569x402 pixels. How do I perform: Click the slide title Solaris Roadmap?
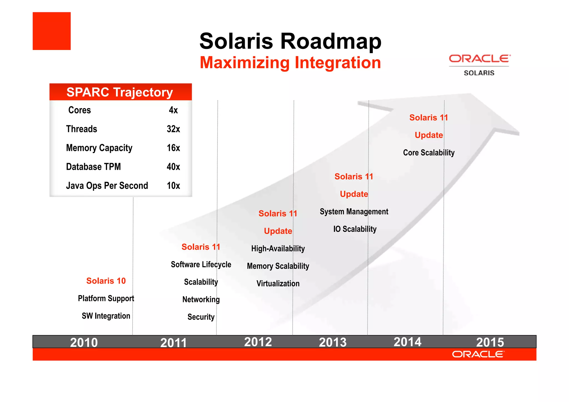tap(290, 41)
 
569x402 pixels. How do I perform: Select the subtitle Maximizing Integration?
tap(290, 63)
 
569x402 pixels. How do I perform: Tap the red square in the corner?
tap(52, 31)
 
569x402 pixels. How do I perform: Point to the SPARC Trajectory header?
tap(120, 92)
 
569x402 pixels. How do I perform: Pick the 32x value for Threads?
tap(173, 129)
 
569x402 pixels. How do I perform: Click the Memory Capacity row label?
tap(99, 148)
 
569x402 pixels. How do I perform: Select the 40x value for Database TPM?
tap(173, 167)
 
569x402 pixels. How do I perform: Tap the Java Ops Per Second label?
tap(107, 186)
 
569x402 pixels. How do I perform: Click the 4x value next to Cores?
tap(173, 110)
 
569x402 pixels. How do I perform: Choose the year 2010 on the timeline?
tap(84, 342)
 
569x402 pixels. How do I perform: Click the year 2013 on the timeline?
tap(333, 342)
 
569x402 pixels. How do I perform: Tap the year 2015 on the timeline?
tap(490, 342)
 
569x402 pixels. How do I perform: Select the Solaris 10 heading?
tap(106, 281)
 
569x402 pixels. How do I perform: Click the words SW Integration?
tap(106, 316)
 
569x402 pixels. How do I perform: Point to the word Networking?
tap(201, 299)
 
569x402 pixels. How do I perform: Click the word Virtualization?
tap(278, 284)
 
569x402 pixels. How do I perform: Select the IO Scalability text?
tap(355, 229)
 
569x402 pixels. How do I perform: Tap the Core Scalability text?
tap(429, 153)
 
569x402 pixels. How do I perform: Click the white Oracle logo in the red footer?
tap(478, 354)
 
